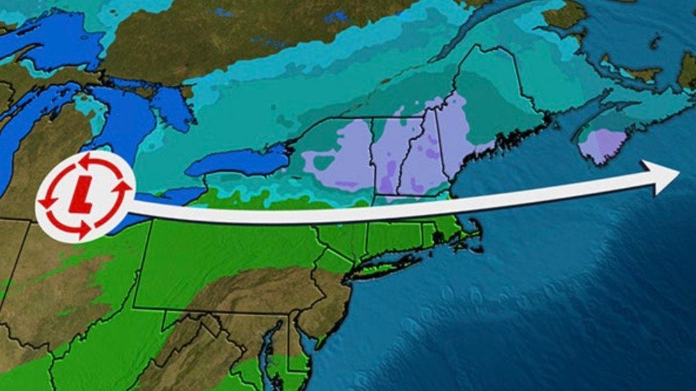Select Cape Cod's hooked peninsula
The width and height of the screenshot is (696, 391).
[473, 233]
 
